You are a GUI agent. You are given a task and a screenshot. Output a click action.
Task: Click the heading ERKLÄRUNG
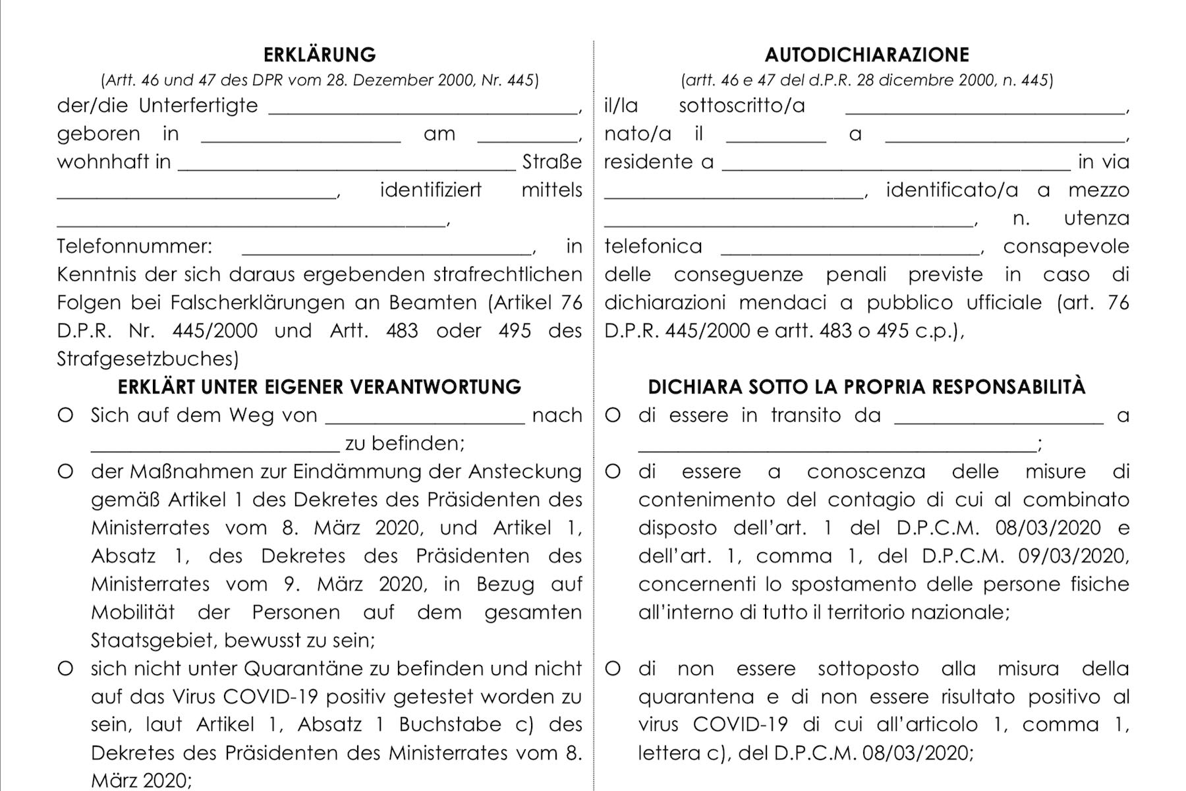(x=320, y=54)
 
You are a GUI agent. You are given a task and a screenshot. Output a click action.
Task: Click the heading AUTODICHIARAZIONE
(x=866, y=54)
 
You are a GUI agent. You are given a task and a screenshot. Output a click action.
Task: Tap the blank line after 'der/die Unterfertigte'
(x=424, y=109)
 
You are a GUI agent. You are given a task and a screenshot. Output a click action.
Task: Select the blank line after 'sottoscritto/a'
(x=985, y=109)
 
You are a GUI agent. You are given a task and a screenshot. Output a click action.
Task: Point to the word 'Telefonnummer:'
(x=134, y=247)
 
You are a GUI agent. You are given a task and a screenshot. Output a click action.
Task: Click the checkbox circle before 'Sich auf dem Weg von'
(x=65, y=416)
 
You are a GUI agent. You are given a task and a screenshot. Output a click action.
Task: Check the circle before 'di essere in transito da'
(x=613, y=416)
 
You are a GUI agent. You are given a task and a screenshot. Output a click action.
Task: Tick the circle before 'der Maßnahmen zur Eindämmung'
(x=65, y=472)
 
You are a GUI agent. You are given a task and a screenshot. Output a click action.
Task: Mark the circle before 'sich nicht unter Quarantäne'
(x=65, y=669)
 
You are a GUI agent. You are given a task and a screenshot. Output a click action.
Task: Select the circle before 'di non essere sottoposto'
(x=613, y=669)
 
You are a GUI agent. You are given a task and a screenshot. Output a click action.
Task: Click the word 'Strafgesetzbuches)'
(x=148, y=359)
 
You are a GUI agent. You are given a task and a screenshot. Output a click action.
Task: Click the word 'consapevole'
(x=1066, y=247)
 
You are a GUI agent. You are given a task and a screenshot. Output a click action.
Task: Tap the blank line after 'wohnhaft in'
(x=347, y=165)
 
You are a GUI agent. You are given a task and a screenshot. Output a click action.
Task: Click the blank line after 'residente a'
(x=896, y=165)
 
